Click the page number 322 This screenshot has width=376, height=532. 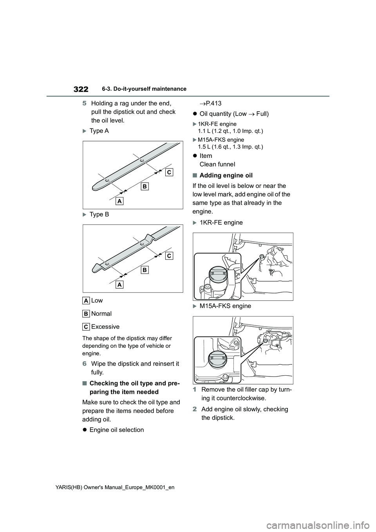coord(80,89)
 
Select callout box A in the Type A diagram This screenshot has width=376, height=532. coord(119,201)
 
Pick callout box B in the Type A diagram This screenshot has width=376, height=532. coord(145,187)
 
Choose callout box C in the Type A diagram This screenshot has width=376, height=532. coord(168,172)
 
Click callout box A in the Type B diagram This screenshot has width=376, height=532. coord(119,284)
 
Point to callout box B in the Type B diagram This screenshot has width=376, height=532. coord(145,270)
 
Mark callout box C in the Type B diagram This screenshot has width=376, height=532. coord(168,255)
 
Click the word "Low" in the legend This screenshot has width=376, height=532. coord(97,300)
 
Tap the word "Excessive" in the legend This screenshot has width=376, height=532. coord(105,327)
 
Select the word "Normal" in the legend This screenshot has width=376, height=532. coord(101,314)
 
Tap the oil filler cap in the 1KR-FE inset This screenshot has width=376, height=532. coord(217,275)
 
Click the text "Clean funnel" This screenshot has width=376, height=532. coord(217,164)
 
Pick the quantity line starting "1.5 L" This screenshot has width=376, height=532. coord(230,147)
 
